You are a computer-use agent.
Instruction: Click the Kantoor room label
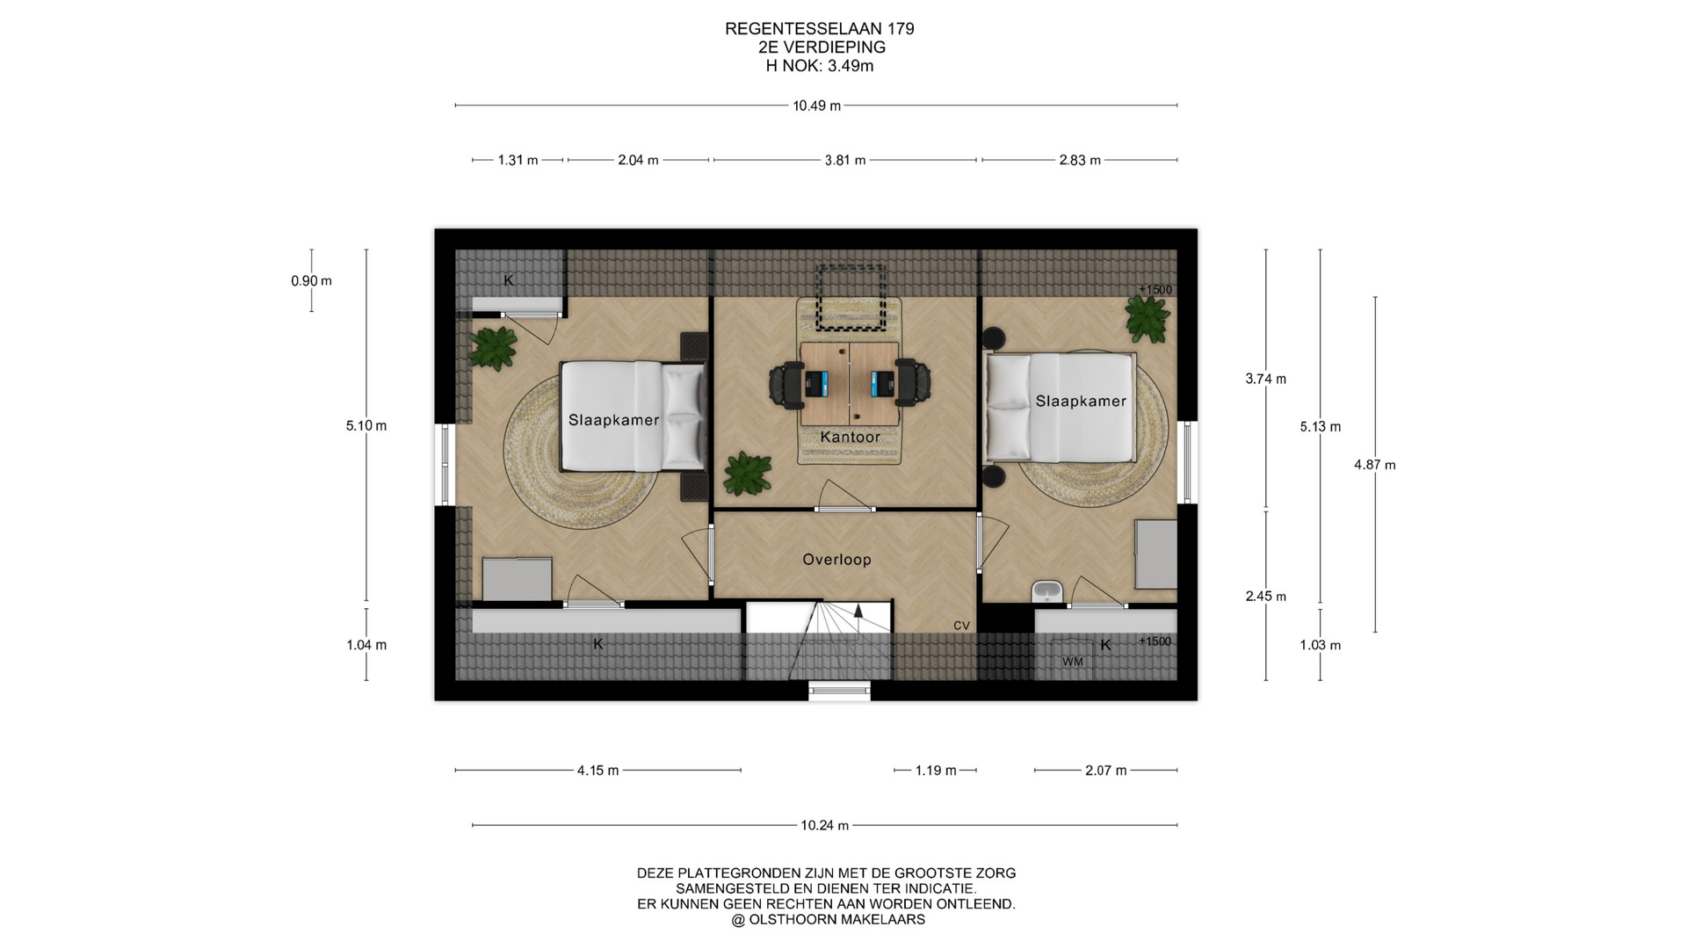tap(850, 437)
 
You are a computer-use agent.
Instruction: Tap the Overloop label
tap(836, 560)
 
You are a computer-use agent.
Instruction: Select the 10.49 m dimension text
tap(816, 106)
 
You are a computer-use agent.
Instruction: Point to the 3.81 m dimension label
tap(845, 161)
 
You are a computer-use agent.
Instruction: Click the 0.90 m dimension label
tap(311, 281)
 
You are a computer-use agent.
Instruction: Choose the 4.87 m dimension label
tap(1374, 465)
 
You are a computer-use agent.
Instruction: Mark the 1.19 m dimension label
tap(935, 771)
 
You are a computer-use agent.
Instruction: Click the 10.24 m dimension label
tap(824, 826)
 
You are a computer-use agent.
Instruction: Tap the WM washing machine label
tap(1073, 662)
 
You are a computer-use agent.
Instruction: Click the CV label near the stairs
tap(961, 626)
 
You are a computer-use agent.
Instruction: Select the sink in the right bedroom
tap(1046, 591)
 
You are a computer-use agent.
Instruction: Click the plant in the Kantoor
tap(747, 474)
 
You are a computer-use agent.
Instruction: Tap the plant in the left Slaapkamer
tap(493, 349)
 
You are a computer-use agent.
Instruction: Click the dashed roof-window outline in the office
tap(850, 297)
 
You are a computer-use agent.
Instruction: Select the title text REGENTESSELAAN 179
tap(820, 29)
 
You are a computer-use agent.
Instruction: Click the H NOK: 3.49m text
tap(820, 66)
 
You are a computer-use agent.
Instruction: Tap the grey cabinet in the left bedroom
tap(518, 579)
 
